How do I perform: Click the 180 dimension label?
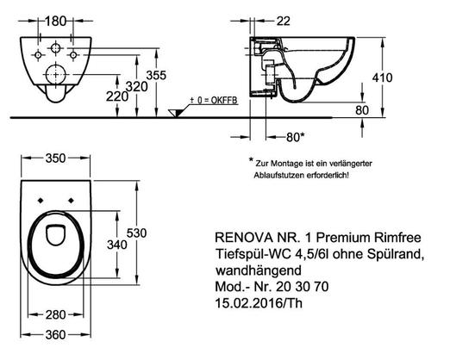[56, 21]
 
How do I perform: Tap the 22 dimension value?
[284, 21]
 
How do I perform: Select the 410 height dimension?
[382, 78]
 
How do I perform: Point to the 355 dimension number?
[156, 75]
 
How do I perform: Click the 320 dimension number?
[137, 86]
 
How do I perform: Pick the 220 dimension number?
[117, 96]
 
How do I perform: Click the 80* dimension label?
[295, 138]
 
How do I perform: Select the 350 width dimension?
[56, 158]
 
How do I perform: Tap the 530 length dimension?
[137, 233]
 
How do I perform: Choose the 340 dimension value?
[117, 245]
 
